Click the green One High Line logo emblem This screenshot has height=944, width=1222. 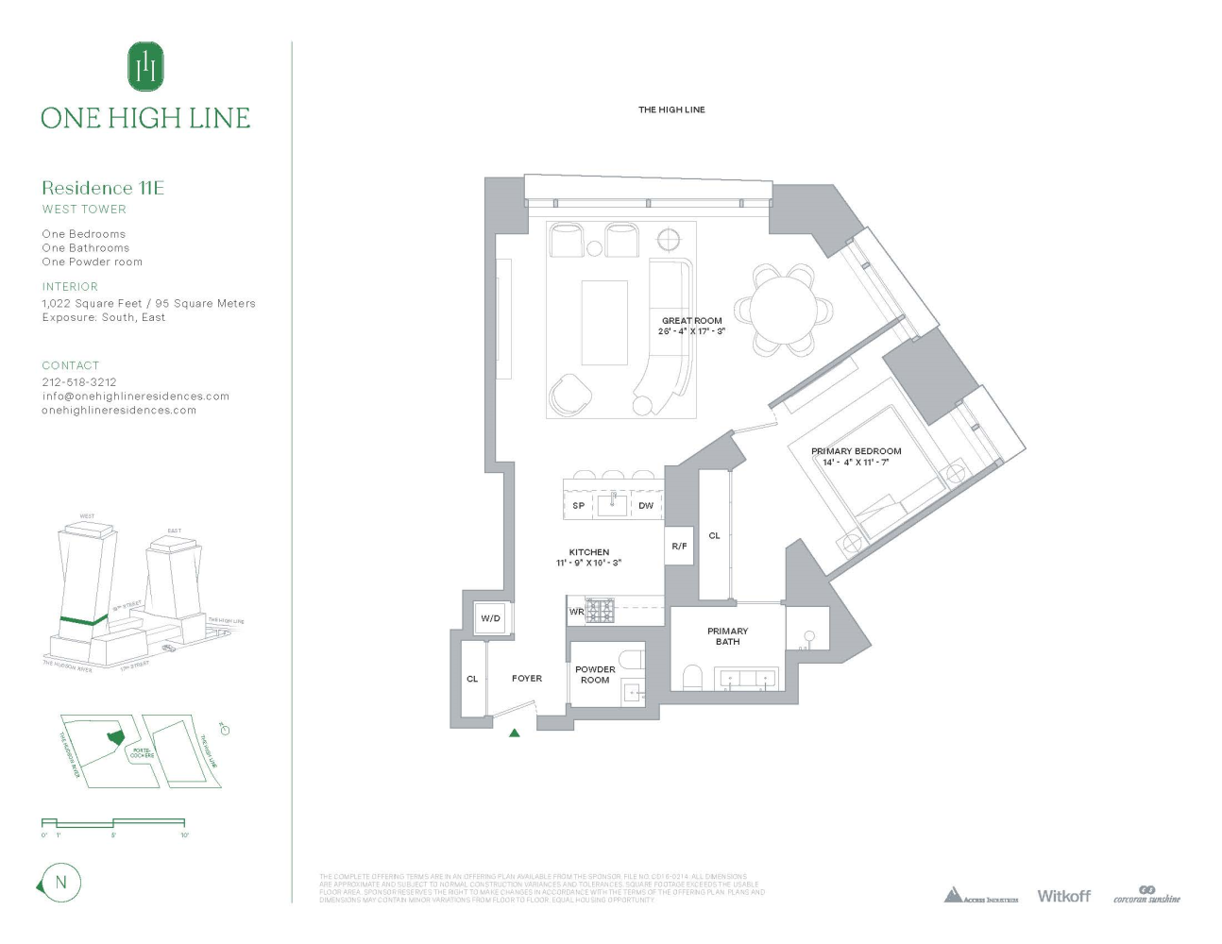tap(145, 66)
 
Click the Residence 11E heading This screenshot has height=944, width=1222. tap(103, 188)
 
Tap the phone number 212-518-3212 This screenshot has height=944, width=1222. tap(79, 382)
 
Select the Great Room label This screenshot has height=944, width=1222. tap(691, 321)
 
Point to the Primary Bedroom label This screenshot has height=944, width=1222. tap(856, 451)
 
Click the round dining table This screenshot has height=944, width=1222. tap(785, 310)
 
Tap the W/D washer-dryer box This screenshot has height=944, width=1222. tap(491, 618)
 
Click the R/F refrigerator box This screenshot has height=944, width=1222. tap(679, 547)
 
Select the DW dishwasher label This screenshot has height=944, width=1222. tap(646, 506)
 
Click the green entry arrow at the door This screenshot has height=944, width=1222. tap(515, 732)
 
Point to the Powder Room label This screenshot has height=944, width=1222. tap(595, 674)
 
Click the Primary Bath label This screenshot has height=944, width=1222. tap(727, 636)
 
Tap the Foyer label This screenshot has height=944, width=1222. tap(527, 678)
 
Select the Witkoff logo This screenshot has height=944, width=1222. tap(1063, 896)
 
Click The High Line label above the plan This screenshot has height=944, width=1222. tap(671, 110)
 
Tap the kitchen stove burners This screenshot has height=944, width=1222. tap(601, 611)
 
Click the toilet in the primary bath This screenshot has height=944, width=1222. tap(692, 677)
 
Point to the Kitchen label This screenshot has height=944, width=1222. tap(589, 552)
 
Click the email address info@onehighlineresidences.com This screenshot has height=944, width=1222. tap(135, 396)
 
